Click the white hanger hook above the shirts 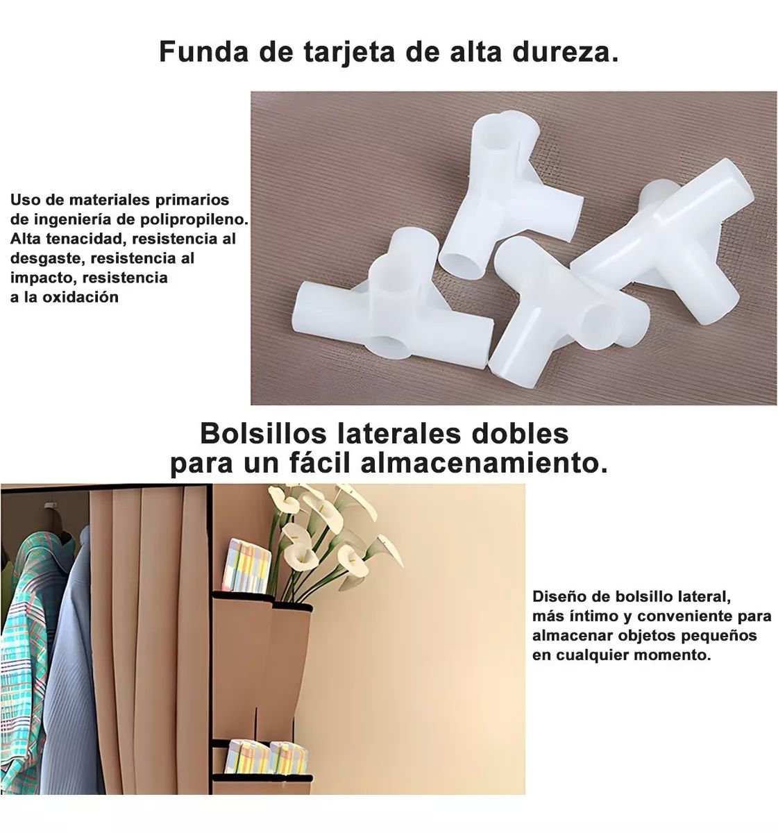[50, 505]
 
